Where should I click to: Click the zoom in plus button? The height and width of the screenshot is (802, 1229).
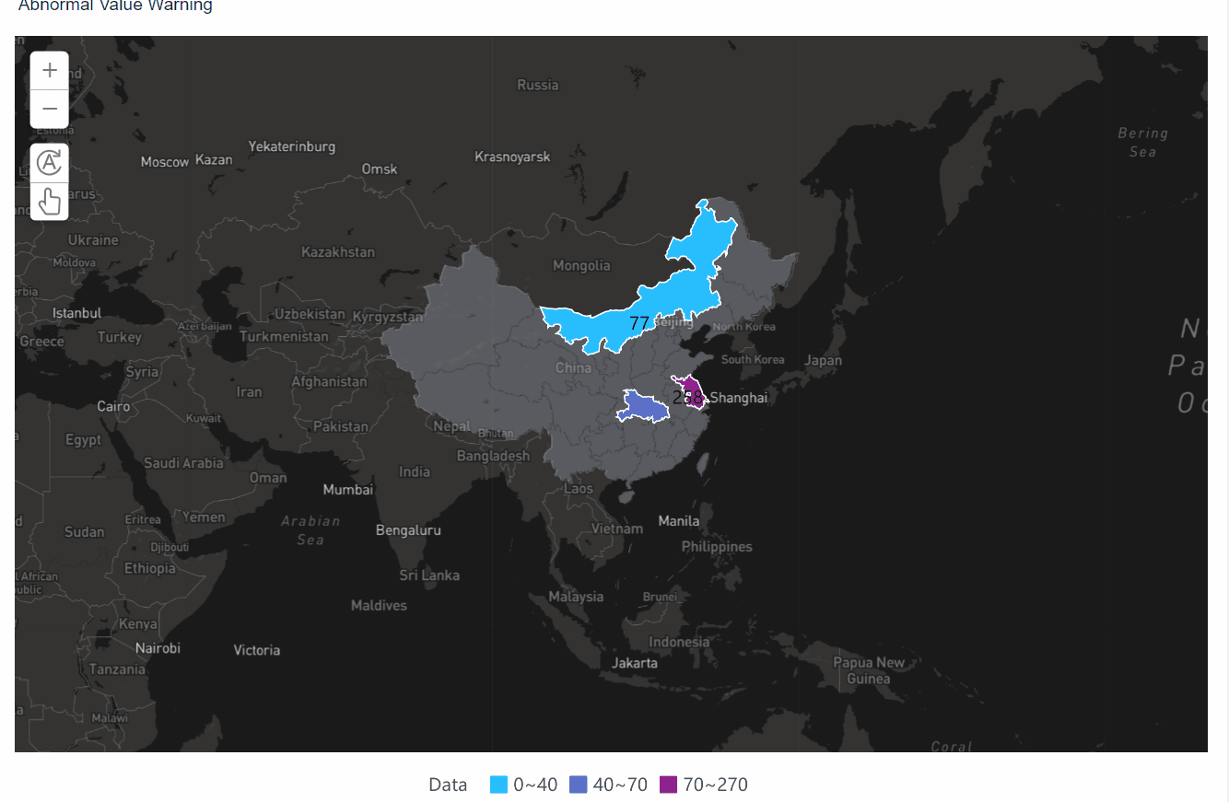click(x=50, y=70)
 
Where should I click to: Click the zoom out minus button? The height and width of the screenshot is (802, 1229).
click(x=50, y=109)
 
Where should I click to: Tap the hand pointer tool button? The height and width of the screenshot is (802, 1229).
click(x=50, y=201)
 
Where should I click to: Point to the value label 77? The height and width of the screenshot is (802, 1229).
click(x=639, y=323)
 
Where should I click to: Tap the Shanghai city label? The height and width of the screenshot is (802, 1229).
click(x=738, y=398)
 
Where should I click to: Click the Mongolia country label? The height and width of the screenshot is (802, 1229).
click(x=581, y=265)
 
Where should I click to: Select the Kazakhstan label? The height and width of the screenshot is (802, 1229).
click(x=338, y=251)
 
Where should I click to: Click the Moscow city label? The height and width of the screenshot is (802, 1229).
click(x=165, y=162)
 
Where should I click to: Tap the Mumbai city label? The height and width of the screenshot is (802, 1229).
click(x=348, y=489)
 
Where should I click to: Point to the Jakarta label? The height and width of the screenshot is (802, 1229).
click(x=635, y=662)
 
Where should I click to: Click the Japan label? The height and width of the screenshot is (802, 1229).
click(x=823, y=360)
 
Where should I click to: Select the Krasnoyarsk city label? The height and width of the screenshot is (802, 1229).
click(x=512, y=157)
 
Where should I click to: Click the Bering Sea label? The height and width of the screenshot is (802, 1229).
click(x=1142, y=142)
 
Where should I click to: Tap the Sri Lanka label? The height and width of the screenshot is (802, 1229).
click(x=429, y=575)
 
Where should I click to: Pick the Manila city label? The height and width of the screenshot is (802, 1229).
click(x=679, y=521)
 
